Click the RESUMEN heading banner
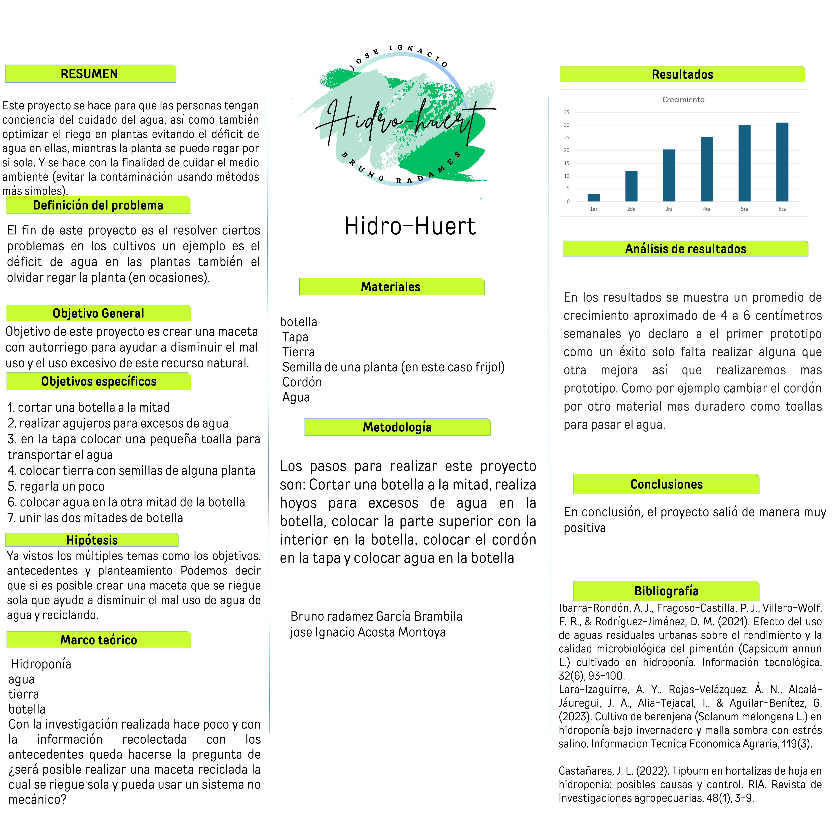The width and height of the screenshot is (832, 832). tap(90, 74)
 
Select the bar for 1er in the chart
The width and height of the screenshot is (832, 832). tap(593, 198)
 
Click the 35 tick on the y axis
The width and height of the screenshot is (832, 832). tap(567, 112)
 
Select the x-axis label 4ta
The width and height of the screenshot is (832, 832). tap(707, 209)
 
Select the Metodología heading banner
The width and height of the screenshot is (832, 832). tap(397, 427)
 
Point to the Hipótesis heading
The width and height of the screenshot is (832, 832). tap(92, 540)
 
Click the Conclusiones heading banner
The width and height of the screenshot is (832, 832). tap(666, 485)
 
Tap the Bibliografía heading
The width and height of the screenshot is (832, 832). tap(666, 591)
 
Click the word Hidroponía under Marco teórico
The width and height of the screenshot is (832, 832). tap(41, 664)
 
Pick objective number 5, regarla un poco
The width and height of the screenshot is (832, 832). tap(56, 486)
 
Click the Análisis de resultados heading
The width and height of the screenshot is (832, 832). tap(686, 249)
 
